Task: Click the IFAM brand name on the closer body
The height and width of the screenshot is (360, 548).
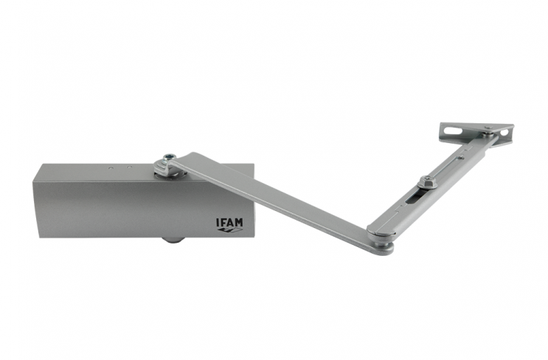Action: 229,222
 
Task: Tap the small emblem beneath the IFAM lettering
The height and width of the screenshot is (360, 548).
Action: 229,230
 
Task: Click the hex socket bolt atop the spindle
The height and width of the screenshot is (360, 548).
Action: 168,157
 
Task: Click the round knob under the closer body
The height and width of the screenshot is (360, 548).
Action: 172,240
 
